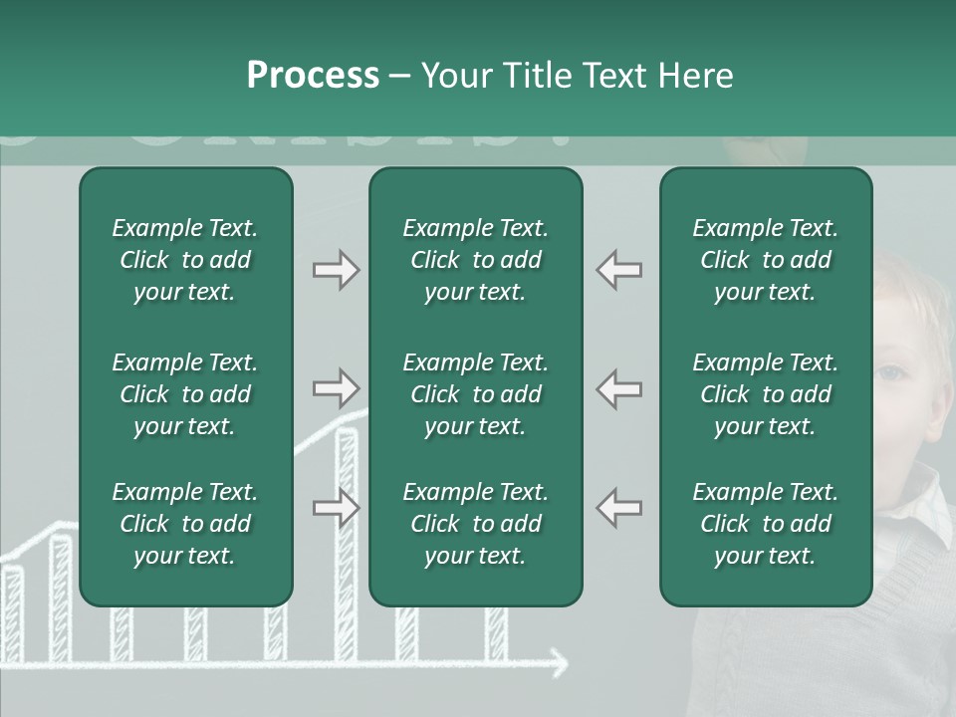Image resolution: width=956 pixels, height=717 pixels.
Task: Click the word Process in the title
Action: (313, 76)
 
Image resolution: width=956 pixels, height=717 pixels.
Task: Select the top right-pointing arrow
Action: (336, 270)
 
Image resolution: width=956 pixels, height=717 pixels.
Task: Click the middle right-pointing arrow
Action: (336, 388)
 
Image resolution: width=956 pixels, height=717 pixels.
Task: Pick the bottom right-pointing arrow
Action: (336, 508)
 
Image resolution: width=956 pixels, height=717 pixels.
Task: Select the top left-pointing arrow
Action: (619, 270)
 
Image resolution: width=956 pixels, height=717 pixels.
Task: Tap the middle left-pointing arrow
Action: (619, 388)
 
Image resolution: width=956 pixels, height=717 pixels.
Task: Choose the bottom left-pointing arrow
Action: (619, 508)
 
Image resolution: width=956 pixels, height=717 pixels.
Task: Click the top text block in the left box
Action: (185, 260)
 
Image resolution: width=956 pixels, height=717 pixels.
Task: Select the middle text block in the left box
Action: (185, 394)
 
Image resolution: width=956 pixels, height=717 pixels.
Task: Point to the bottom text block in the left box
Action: (185, 524)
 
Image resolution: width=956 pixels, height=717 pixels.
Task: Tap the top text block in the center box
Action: (475, 260)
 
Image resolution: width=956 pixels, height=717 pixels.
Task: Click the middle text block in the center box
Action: (475, 394)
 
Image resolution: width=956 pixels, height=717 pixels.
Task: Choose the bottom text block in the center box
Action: (475, 524)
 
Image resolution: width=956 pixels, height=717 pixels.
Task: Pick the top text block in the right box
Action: (765, 260)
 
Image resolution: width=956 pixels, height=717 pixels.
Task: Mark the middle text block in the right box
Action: (765, 394)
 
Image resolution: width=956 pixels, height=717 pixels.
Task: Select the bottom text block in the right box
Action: (765, 524)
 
